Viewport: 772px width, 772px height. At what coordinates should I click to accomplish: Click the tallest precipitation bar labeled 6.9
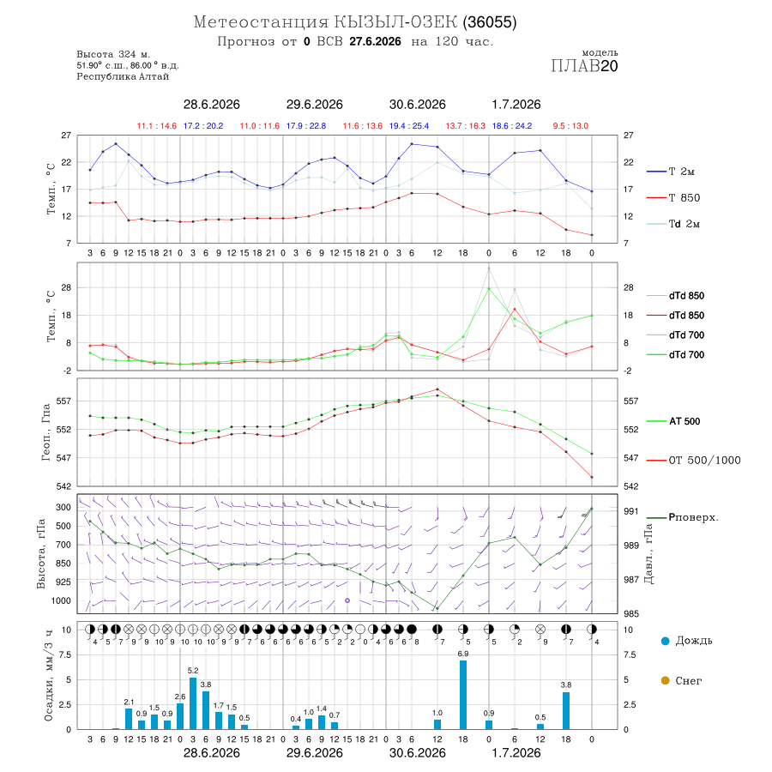click(463, 695)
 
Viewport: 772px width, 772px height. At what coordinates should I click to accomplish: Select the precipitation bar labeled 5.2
click(193, 703)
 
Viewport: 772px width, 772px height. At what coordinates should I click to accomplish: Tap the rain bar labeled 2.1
click(129, 719)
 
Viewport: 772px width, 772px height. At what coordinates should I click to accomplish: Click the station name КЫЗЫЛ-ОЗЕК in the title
click(395, 22)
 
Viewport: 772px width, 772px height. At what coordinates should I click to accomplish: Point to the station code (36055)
click(490, 22)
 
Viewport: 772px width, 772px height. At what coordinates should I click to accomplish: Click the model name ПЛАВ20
click(584, 66)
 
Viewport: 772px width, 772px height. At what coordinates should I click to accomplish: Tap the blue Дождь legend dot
click(665, 641)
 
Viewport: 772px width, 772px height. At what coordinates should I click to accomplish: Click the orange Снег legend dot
click(665, 680)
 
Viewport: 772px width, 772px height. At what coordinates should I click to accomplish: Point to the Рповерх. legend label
click(693, 517)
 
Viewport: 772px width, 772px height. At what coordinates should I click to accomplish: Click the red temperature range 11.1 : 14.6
click(157, 126)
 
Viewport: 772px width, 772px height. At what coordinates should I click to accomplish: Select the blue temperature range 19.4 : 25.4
click(408, 126)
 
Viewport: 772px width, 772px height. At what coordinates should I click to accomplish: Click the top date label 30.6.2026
click(417, 105)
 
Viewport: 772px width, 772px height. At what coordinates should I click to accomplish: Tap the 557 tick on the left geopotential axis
click(64, 401)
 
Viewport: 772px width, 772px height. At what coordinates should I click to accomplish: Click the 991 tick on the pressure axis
click(630, 511)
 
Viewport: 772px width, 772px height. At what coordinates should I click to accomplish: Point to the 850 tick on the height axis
click(63, 564)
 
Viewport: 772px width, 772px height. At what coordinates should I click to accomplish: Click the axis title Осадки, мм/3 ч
click(48, 676)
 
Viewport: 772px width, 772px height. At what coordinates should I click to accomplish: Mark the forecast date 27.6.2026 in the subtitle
click(375, 41)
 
